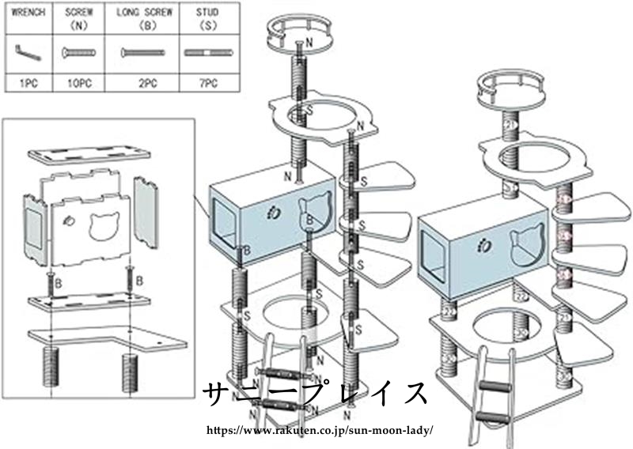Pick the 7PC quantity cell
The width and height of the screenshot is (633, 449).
point(207,82)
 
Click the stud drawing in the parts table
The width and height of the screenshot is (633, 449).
point(207,53)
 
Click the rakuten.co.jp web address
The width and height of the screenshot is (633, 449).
point(319,431)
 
